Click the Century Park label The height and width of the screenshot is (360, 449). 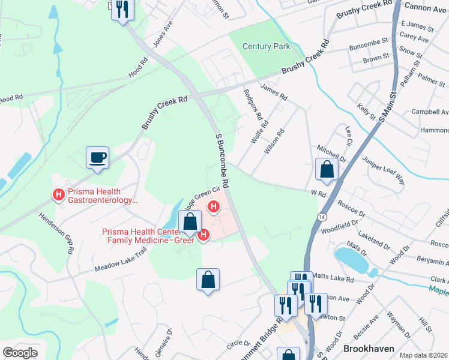(266, 46)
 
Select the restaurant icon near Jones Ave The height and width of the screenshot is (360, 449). (122, 10)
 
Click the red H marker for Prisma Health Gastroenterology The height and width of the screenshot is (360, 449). (59, 194)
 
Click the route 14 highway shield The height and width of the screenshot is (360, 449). (323, 216)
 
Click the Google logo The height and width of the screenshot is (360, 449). (20, 353)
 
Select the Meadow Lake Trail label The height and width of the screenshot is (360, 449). (120, 262)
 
